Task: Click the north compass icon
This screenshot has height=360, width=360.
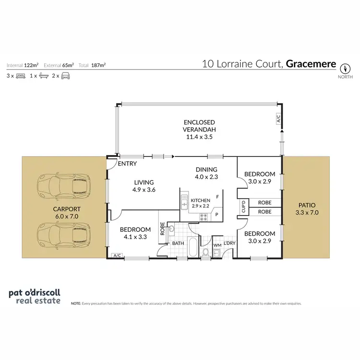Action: [x=345, y=68]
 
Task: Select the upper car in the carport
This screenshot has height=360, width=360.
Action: [x=64, y=185]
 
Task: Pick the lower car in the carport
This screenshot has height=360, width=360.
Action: [x=64, y=234]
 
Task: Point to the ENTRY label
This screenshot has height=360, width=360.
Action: [x=127, y=164]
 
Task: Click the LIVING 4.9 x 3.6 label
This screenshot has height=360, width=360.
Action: [x=144, y=186]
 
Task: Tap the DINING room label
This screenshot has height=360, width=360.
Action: [x=206, y=173]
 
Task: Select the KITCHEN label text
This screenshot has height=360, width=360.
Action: [x=201, y=200]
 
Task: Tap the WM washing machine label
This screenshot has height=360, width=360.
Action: [x=217, y=245]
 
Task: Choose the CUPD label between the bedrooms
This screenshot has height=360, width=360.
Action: [x=243, y=207]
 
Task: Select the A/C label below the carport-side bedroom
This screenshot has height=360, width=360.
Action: [x=115, y=256]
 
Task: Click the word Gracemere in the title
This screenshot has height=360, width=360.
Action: [x=311, y=63]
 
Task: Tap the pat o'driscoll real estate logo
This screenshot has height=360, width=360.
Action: [x=35, y=297]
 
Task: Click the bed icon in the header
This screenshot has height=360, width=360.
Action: [x=21, y=76]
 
